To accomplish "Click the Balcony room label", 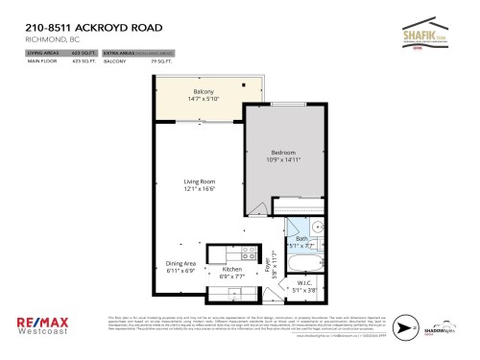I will (x=203, y=91).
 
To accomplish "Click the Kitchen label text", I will (x=231, y=270).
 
